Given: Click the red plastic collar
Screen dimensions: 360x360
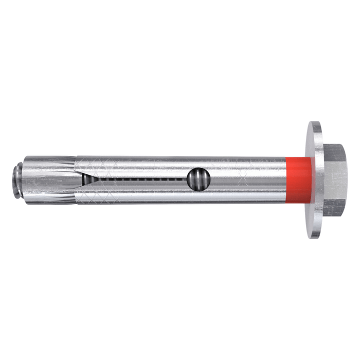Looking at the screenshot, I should (x=299, y=179).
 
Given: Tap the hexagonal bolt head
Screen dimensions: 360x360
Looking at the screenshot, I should (x=335, y=179).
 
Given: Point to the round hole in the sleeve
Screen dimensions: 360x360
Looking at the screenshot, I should (x=198, y=179).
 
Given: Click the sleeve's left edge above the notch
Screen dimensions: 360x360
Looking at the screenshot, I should (x=78, y=164).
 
